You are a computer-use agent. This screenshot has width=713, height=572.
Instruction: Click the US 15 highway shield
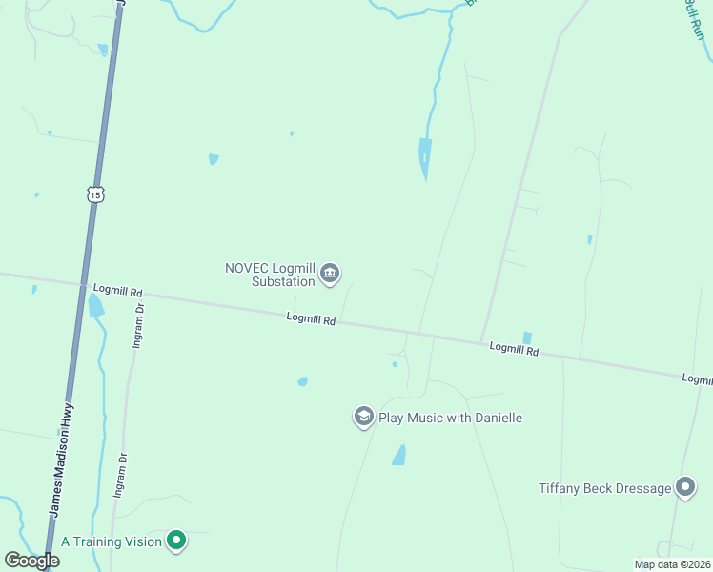click(93, 194)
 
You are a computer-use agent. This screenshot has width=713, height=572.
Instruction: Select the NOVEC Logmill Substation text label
click(270, 275)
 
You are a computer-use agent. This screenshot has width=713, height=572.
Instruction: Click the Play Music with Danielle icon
click(363, 418)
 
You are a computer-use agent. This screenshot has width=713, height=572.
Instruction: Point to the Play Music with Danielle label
click(451, 418)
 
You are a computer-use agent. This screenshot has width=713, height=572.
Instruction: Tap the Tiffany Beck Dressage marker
click(685, 488)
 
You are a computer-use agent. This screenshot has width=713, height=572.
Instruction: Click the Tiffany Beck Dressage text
click(604, 488)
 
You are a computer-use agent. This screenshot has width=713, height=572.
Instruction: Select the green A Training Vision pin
click(175, 541)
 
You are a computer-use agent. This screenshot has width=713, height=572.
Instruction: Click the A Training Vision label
click(112, 541)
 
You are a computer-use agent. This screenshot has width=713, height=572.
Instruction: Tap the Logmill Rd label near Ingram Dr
click(117, 289)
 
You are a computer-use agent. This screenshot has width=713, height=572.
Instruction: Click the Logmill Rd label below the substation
click(311, 320)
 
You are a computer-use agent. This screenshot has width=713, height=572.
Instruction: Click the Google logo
click(31, 561)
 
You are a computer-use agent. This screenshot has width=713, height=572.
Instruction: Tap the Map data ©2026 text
click(671, 564)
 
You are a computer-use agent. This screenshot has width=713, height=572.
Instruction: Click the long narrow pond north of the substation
click(424, 157)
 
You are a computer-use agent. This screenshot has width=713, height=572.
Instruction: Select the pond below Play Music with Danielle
click(399, 456)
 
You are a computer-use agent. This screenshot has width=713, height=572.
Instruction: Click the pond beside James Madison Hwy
click(95, 306)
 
